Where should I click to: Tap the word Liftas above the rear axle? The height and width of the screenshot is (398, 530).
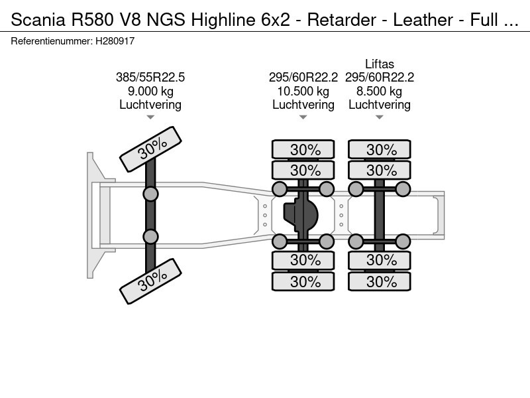379,64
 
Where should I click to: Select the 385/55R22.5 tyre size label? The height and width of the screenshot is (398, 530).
150,78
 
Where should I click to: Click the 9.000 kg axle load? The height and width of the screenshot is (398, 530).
150,91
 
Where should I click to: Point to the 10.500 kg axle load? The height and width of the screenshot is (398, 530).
303,91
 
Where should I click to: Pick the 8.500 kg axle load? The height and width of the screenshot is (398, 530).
379,91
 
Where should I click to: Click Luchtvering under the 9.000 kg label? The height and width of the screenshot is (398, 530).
150,105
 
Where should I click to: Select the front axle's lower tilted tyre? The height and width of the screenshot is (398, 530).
150,281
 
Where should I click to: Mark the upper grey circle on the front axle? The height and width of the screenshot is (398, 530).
151,194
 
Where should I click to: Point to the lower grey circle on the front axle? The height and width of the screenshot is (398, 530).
151,236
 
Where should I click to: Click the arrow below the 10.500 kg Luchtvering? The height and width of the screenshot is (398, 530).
303,118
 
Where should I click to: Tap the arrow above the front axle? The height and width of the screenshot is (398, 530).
150,118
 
